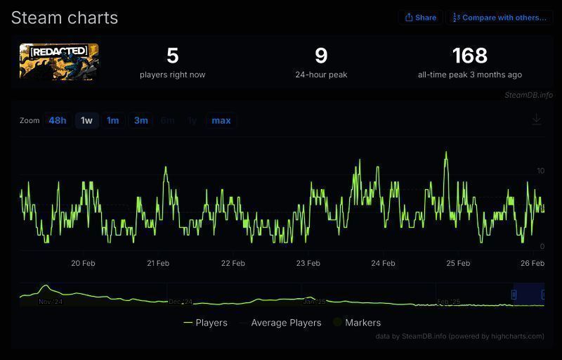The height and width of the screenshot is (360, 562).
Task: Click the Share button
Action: click(x=420, y=18)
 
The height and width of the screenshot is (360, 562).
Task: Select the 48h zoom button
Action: click(x=58, y=120)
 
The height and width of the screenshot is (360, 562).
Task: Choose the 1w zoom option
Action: click(x=86, y=120)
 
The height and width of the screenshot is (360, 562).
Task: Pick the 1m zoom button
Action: click(x=112, y=120)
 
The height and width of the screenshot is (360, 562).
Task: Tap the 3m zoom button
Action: click(x=141, y=120)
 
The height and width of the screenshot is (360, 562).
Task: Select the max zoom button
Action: click(x=221, y=120)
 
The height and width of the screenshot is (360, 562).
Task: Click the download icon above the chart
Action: click(x=537, y=120)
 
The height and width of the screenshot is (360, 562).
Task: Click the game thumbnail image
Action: click(x=59, y=61)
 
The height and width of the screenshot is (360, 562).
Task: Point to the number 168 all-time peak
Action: click(x=469, y=56)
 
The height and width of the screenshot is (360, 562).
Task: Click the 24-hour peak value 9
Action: click(x=321, y=56)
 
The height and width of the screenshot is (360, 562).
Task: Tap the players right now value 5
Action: click(x=173, y=56)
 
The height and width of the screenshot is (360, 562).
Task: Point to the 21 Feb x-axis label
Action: click(x=158, y=264)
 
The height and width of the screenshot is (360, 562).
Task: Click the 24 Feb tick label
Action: click(x=383, y=264)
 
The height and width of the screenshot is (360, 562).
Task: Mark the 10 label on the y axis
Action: click(x=540, y=171)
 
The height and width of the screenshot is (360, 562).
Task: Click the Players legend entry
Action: click(x=206, y=323)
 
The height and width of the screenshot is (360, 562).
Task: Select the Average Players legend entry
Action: click(x=281, y=323)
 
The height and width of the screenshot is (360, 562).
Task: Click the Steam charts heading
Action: click(x=65, y=18)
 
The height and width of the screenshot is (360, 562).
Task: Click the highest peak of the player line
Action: click(x=446, y=152)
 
